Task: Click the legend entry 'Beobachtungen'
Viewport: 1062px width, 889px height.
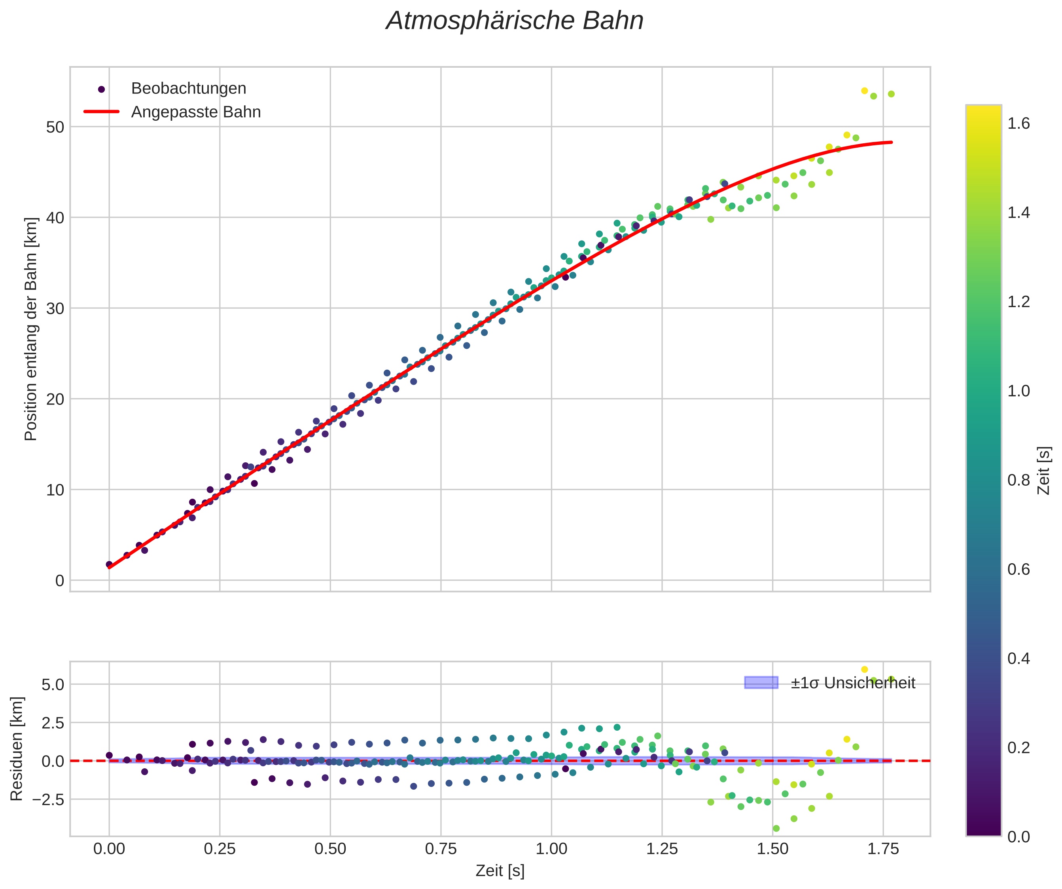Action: point(188,89)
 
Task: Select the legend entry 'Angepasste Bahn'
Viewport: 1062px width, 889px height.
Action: point(196,112)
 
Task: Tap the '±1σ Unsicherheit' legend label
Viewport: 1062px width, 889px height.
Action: point(853,683)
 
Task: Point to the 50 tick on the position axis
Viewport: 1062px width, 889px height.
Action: point(55,127)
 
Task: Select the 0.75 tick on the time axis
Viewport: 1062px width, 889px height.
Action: point(441,849)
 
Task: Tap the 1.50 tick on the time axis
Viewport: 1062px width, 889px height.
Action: point(772,849)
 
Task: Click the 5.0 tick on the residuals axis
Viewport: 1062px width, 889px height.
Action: point(53,685)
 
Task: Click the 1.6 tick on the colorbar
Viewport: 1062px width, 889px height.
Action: point(1018,123)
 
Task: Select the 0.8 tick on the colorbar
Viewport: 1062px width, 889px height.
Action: point(1018,480)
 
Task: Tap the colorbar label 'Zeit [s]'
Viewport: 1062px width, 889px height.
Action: point(1044,471)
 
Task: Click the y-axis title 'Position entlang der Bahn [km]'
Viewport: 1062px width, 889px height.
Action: point(31,329)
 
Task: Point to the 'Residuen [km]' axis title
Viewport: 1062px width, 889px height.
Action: point(17,749)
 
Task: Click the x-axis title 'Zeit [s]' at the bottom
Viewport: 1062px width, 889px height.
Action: point(500,871)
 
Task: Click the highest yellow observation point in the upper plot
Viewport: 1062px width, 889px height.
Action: point(864,91)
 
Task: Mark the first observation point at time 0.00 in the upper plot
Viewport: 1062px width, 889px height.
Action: point(109,564)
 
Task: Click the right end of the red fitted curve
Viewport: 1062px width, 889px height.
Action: point(891,142)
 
